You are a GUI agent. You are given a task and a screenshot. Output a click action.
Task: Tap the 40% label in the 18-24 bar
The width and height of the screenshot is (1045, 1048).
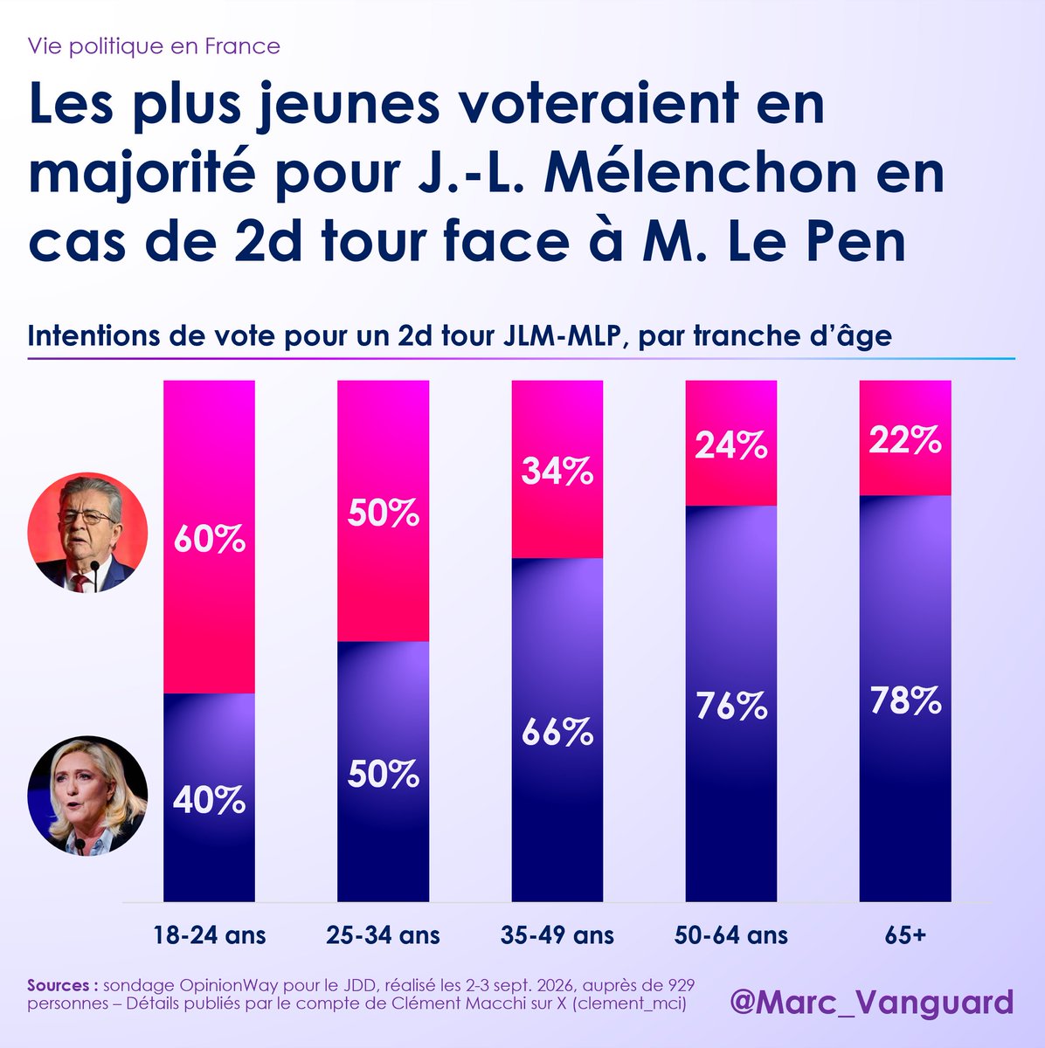point(210,801)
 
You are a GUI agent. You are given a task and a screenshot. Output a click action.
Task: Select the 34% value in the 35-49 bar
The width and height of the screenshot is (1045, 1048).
point(557,471)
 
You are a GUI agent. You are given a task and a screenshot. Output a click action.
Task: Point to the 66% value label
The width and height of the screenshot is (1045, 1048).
point(557,732)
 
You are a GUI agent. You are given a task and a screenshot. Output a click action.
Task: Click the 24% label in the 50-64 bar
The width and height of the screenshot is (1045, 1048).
point(731,445)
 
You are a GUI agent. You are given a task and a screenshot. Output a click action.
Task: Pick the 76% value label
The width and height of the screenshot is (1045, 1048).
point(731,706)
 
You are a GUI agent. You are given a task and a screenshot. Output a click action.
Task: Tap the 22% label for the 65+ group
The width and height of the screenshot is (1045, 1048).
point(905,440)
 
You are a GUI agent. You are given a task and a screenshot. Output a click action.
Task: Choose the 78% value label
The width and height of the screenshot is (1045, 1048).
point(905,700)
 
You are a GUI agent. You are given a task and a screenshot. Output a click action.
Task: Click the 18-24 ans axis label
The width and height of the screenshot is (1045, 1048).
point(210,935)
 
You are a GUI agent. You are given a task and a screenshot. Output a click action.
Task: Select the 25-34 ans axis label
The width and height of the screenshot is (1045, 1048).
point(384,935)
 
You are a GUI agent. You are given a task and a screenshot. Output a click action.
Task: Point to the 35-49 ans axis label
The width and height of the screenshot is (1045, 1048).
point(557,935)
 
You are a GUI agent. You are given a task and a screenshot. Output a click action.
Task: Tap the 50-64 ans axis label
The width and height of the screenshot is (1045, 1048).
point(731,935)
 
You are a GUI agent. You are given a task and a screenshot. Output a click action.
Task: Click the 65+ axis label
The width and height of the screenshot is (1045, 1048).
point(905,935)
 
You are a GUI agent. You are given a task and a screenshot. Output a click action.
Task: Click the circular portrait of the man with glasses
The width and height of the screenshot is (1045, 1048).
point(87,533)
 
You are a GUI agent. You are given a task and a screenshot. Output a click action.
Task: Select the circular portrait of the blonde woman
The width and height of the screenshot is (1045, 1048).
point(87,796)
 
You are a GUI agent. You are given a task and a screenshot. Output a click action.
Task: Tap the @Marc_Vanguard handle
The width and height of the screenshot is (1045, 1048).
point(871,1002)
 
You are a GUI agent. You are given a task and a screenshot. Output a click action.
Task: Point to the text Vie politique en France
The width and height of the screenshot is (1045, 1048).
point(154,46)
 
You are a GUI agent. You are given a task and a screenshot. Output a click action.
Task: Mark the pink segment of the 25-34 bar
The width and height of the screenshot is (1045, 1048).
point(384,511)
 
